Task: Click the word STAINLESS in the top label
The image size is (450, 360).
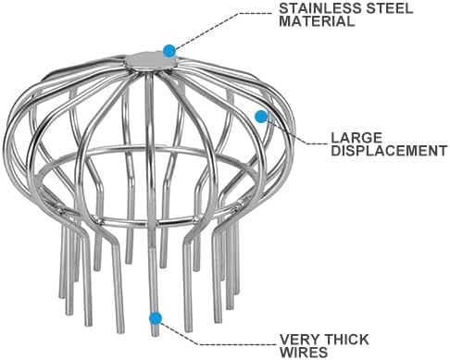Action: [319, 8]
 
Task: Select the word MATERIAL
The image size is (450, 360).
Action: [317, 21]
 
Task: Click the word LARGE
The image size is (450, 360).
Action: [356, 138]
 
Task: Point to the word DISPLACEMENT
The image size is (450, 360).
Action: [389, 151]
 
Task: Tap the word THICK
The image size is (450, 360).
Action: [346, 340]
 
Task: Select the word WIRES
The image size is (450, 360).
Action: [304, 353]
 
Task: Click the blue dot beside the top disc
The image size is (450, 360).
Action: [169, 51]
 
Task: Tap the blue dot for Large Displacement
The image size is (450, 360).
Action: [261, 117]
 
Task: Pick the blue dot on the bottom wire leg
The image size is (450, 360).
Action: [156, 318]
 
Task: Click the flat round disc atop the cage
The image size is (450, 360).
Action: [151, 61]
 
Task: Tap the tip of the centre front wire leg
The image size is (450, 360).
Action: [156, 336]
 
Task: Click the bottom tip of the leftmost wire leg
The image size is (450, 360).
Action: [62, 297]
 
